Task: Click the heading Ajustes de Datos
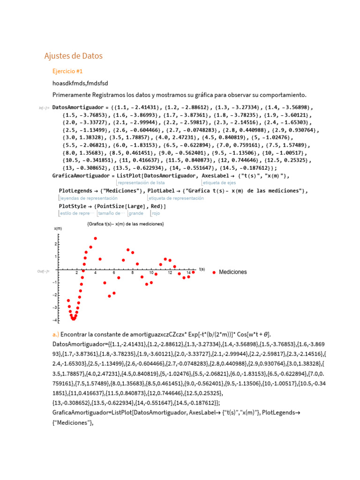tap(73, 56)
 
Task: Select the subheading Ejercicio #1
tap(67, 71)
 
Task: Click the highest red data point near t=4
tap(96, 239)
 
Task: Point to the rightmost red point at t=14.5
tap(193, 272)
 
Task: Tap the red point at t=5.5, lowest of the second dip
tap(109, 296)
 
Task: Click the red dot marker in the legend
tap(214, 272)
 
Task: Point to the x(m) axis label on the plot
tap(58, 228)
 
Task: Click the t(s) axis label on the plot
tap(202, 269)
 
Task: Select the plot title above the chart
tap(125, 224)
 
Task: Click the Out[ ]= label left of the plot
tap(44, 271)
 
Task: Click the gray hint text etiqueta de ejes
tap(219, 183)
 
